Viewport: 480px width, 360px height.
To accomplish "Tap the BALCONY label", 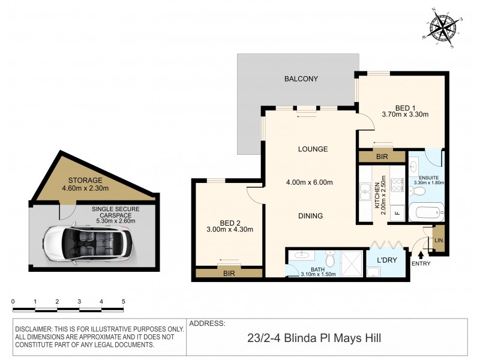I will [301, 79].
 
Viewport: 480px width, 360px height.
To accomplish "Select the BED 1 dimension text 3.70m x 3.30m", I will [405, 113].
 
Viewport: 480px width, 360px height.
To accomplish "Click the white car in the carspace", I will [88, 244].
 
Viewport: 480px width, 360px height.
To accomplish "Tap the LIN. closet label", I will [439, 240].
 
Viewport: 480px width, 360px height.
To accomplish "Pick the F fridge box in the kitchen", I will [396, 212].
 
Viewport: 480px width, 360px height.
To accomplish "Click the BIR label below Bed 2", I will [229, 274].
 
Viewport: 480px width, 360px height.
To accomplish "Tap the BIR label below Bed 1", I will [382, 156].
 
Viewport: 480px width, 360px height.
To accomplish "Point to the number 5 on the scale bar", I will [123, 301].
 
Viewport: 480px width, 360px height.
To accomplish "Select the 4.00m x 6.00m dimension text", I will [309, 183].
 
